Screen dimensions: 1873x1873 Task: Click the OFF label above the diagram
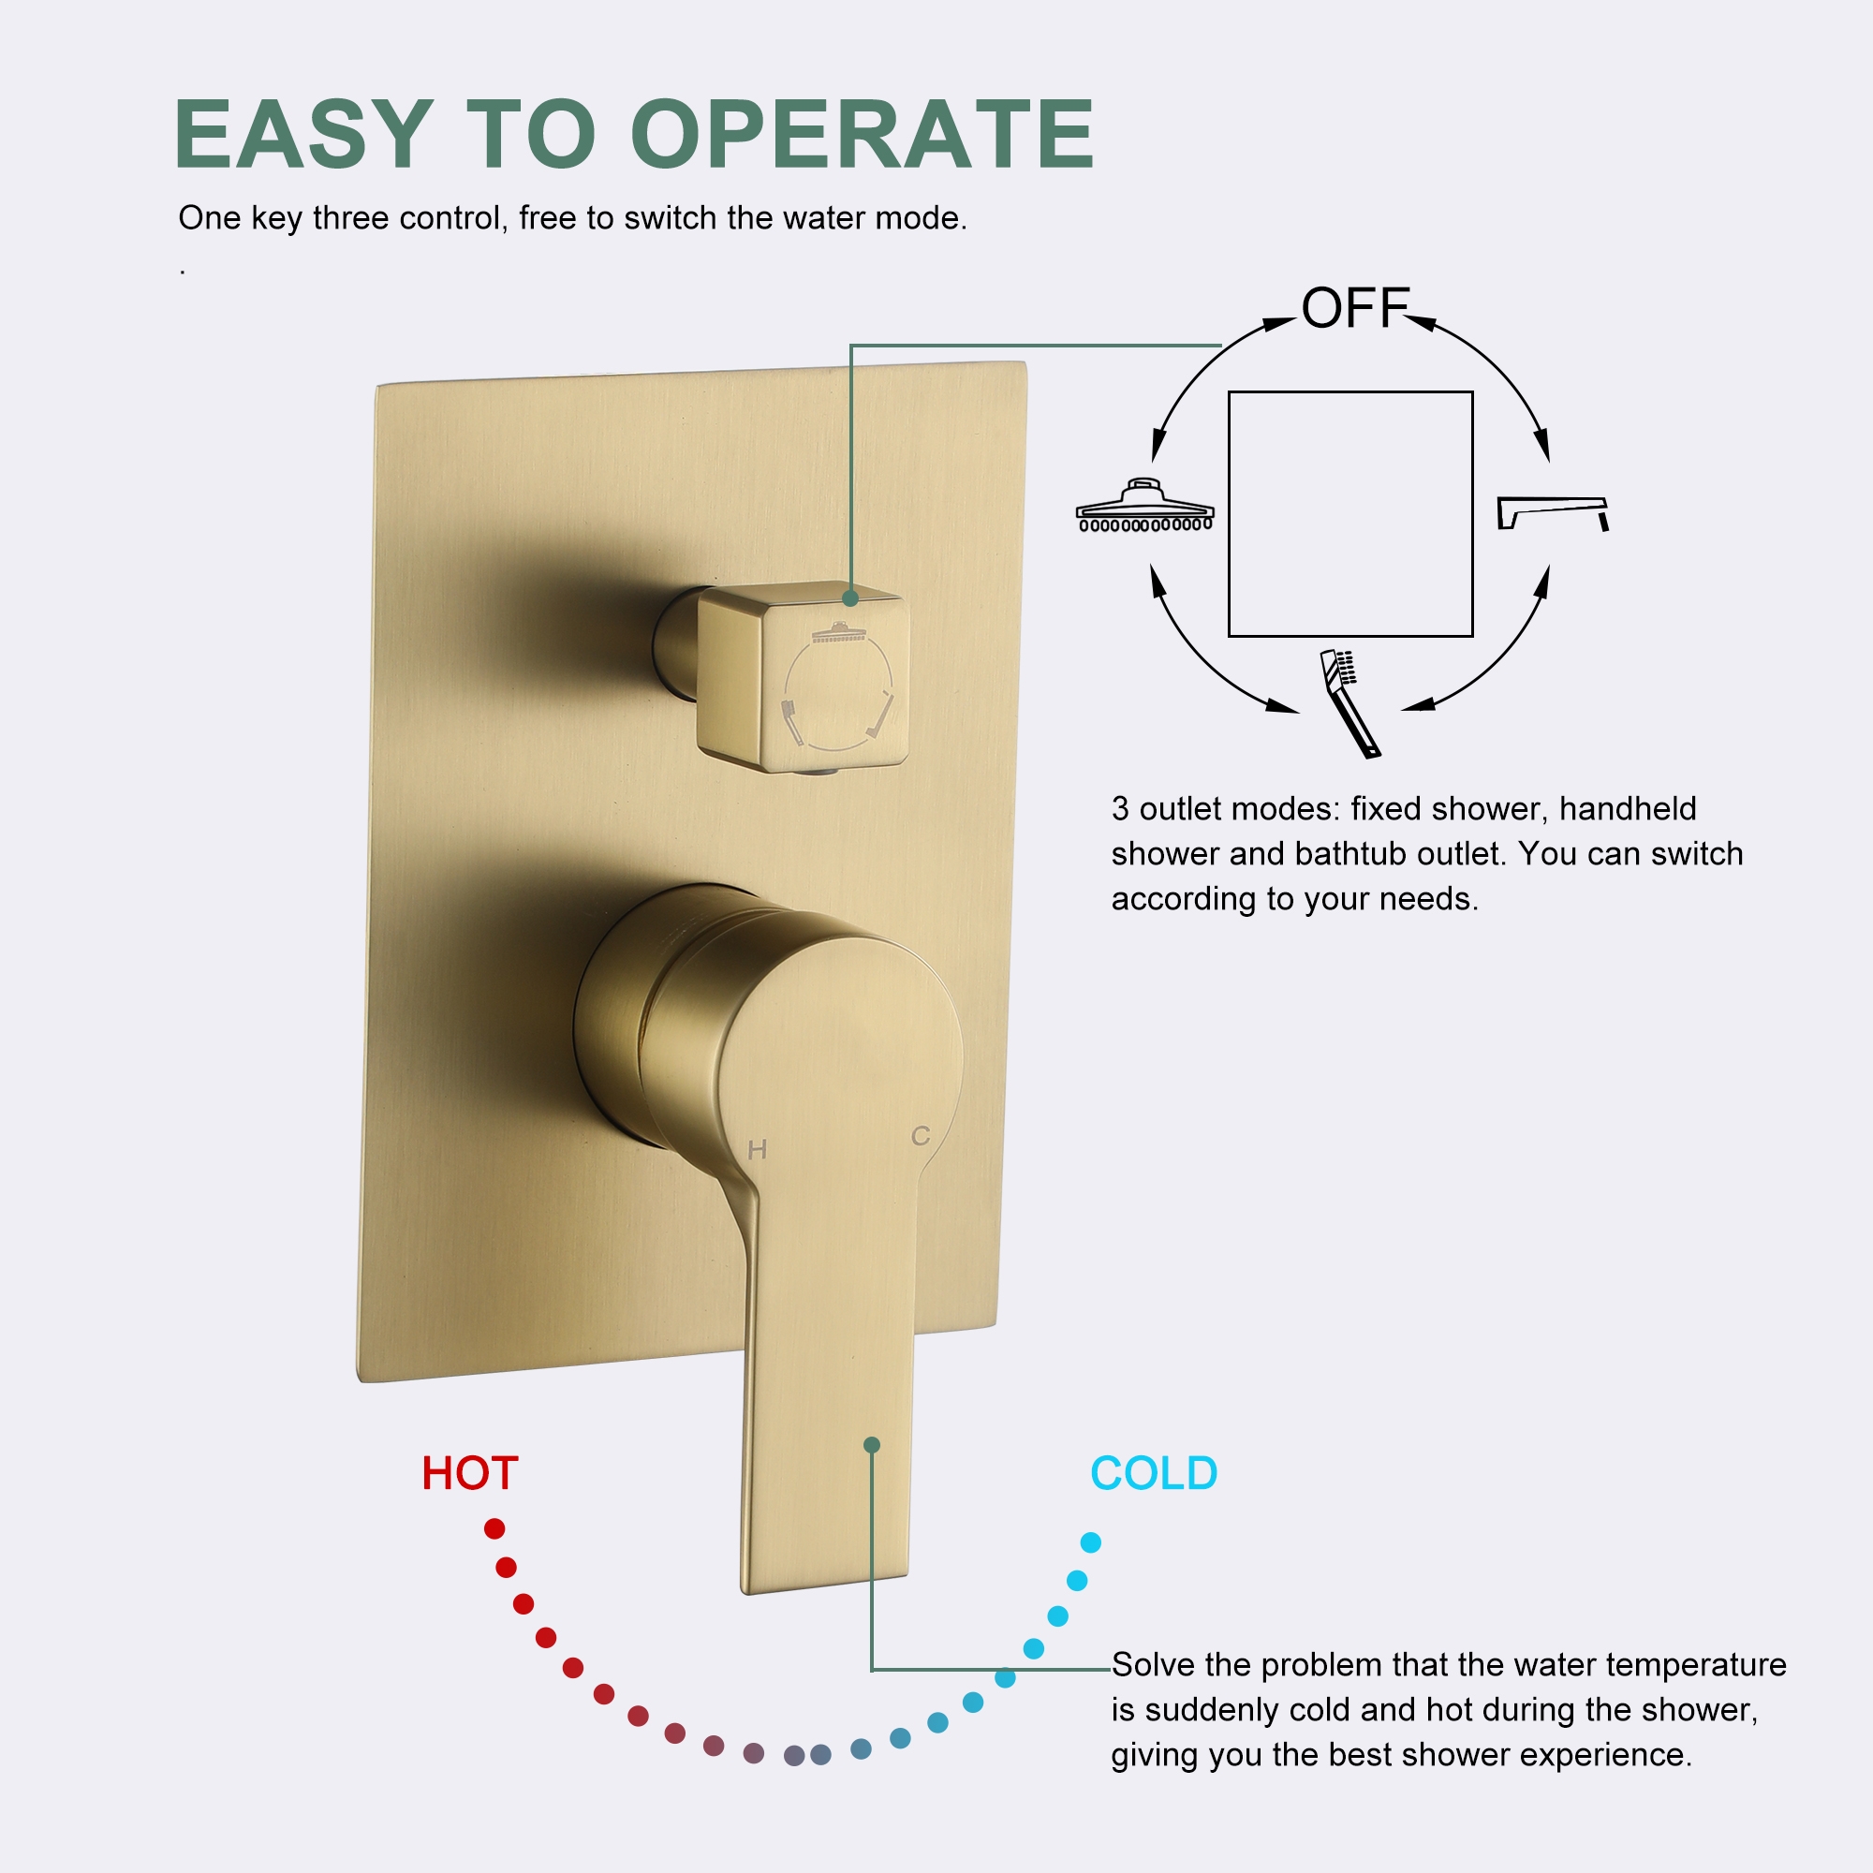point(1354,308)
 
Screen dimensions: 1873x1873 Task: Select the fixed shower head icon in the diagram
point(1145,506)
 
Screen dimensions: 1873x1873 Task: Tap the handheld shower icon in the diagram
point(1349,701)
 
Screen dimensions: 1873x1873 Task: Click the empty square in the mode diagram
point(1350,514)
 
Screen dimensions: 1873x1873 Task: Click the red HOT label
point(470,1473)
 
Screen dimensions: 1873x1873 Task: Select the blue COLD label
point(1154,1473)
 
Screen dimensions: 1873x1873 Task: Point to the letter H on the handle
point(757,1150)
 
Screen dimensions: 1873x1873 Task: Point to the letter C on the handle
point(920,1135)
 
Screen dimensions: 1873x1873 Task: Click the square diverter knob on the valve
point(803,679)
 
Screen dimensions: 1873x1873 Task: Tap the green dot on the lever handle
point(872,1444)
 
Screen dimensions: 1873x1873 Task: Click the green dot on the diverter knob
point(850,598)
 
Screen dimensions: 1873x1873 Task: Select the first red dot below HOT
point(494,1529)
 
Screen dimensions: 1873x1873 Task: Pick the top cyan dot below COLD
point(1091,1542)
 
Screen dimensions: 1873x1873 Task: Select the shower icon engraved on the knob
point(839,634)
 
